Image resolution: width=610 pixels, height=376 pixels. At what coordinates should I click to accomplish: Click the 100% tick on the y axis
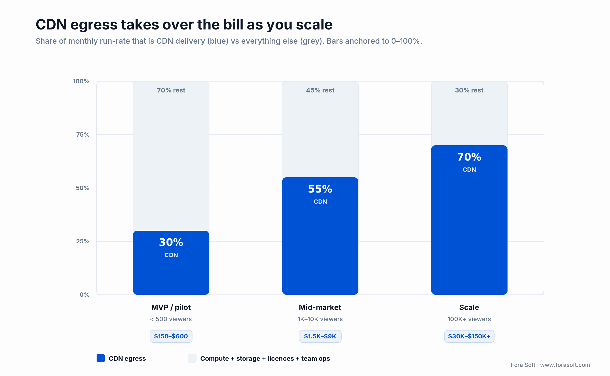click(81, 81)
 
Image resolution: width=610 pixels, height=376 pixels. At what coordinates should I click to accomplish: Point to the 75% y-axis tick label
click(83, 135)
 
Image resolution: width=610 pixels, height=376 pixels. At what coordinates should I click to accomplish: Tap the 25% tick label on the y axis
click(83, 241)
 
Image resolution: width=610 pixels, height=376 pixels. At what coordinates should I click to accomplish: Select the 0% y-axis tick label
click(84, 295)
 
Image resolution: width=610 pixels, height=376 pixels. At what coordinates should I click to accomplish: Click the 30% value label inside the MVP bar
click(171, 242)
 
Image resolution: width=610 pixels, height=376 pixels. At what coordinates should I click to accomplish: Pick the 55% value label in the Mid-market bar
click(320, 189)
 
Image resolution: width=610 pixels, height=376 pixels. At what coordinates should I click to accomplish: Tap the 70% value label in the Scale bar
click(469, 157)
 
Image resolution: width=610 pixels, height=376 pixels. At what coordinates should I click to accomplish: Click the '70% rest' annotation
click(171, 90)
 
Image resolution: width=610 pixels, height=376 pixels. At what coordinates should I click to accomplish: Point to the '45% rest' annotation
click(320, 90)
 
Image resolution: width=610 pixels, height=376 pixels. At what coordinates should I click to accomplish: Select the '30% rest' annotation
click(469, 90)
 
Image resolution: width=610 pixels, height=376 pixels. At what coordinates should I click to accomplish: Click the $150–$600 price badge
click(171, 336)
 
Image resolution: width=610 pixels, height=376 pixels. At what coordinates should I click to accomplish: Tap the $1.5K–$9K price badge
click(320, 336)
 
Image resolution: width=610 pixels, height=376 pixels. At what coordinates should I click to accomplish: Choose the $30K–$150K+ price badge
click(469, 336)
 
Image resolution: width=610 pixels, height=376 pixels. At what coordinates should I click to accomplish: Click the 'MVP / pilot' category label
click(171, 307)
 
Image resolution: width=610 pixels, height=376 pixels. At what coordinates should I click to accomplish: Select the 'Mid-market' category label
click(320, 307)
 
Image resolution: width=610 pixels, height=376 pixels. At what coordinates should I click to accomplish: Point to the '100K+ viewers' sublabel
click(469, 319)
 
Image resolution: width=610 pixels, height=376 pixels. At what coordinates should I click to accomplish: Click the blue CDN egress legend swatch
click(101, 358)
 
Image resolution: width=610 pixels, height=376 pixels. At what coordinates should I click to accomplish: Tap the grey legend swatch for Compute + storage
click(192, 358)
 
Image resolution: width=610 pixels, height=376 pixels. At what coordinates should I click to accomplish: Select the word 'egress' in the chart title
click(94, 25)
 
